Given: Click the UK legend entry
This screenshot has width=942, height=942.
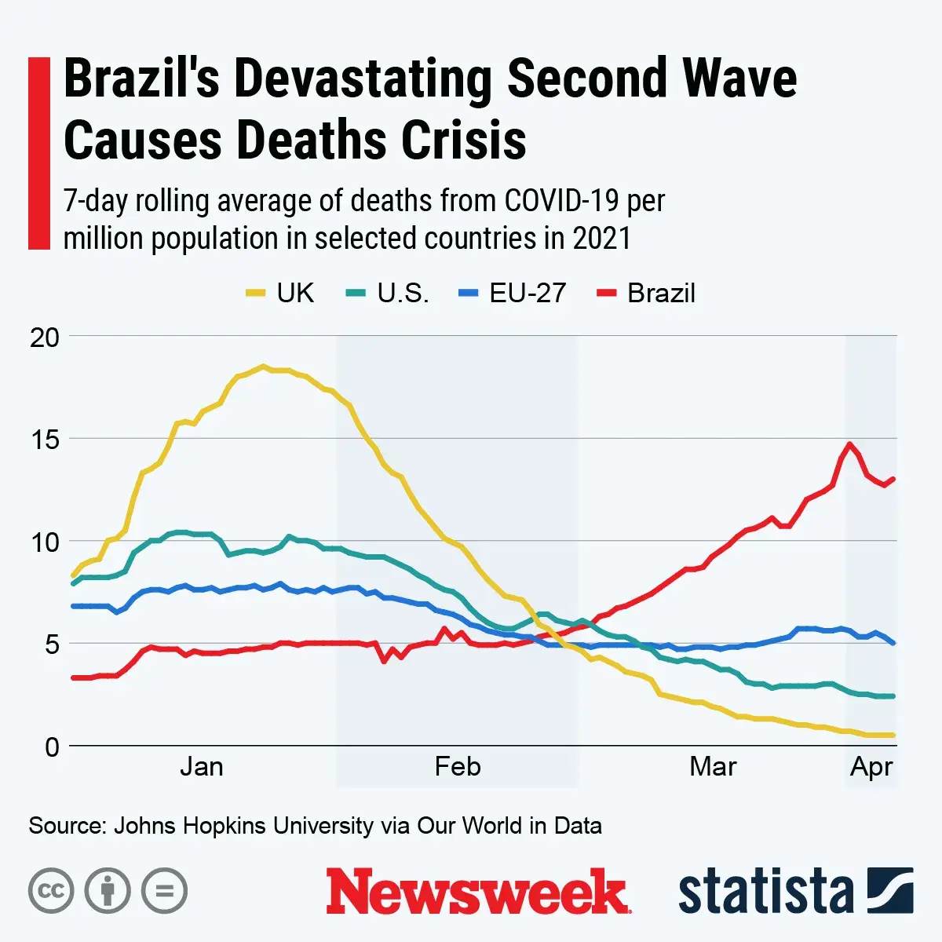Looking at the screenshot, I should [280, 293].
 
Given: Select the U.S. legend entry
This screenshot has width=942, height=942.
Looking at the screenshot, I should [388, 293].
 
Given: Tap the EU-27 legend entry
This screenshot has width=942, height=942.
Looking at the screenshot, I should [512, 293].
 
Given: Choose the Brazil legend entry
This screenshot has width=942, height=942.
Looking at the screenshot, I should [647, 293].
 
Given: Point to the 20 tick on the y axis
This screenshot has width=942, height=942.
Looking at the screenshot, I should [44, 338].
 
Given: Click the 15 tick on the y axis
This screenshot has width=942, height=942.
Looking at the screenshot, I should [44, 440].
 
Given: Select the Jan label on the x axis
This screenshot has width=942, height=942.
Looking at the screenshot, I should [202, 766].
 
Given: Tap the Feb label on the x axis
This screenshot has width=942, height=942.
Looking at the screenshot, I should [457, 766].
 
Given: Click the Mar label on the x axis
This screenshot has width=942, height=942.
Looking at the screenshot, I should [713, 766].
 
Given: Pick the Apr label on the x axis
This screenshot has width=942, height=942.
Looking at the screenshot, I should [871, 766].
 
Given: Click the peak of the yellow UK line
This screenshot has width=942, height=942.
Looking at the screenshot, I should [263, 366].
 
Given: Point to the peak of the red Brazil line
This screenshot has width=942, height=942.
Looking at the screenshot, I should [849, 444].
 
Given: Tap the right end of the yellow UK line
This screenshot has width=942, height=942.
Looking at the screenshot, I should [893, 735].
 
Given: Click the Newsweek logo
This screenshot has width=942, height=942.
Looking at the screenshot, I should [477, 892].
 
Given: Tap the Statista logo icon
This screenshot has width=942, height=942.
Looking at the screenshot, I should [890, 890].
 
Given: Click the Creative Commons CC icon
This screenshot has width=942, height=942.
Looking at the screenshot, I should [51, 891].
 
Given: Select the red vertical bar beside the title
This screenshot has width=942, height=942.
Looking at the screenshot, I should [38, 153].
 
